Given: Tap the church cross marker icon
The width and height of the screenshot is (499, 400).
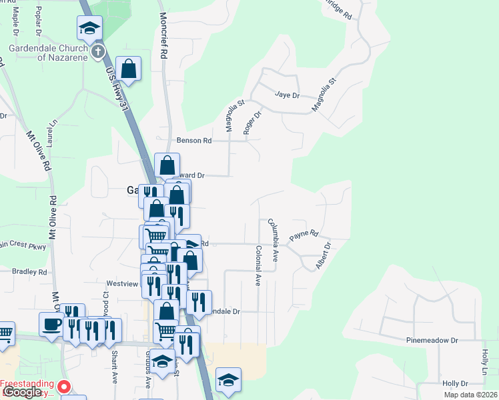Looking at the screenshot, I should pyautogui.click(x=98, y=51).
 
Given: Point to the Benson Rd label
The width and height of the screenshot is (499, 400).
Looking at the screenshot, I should pyautogui.click(x=193, y=141).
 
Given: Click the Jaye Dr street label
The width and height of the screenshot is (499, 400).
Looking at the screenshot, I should pyautogui.click(x=286, y=95).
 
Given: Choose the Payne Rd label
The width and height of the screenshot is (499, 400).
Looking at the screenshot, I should pyautogui.click(x=304, y=235).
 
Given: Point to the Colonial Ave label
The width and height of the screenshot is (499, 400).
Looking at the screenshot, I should pyautogui.click(x=258, y=265).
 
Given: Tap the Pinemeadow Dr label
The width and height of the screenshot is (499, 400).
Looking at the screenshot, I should pyautogui.click(x=432, y=340).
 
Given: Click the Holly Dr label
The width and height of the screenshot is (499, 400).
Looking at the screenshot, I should pyautogui.click(x=455, y=383).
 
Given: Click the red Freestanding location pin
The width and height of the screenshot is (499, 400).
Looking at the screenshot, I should pyautogui.click(x=64, y=386).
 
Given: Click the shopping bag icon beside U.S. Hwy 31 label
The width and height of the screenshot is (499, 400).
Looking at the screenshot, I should pyautogui.click(x=128, y=69).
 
